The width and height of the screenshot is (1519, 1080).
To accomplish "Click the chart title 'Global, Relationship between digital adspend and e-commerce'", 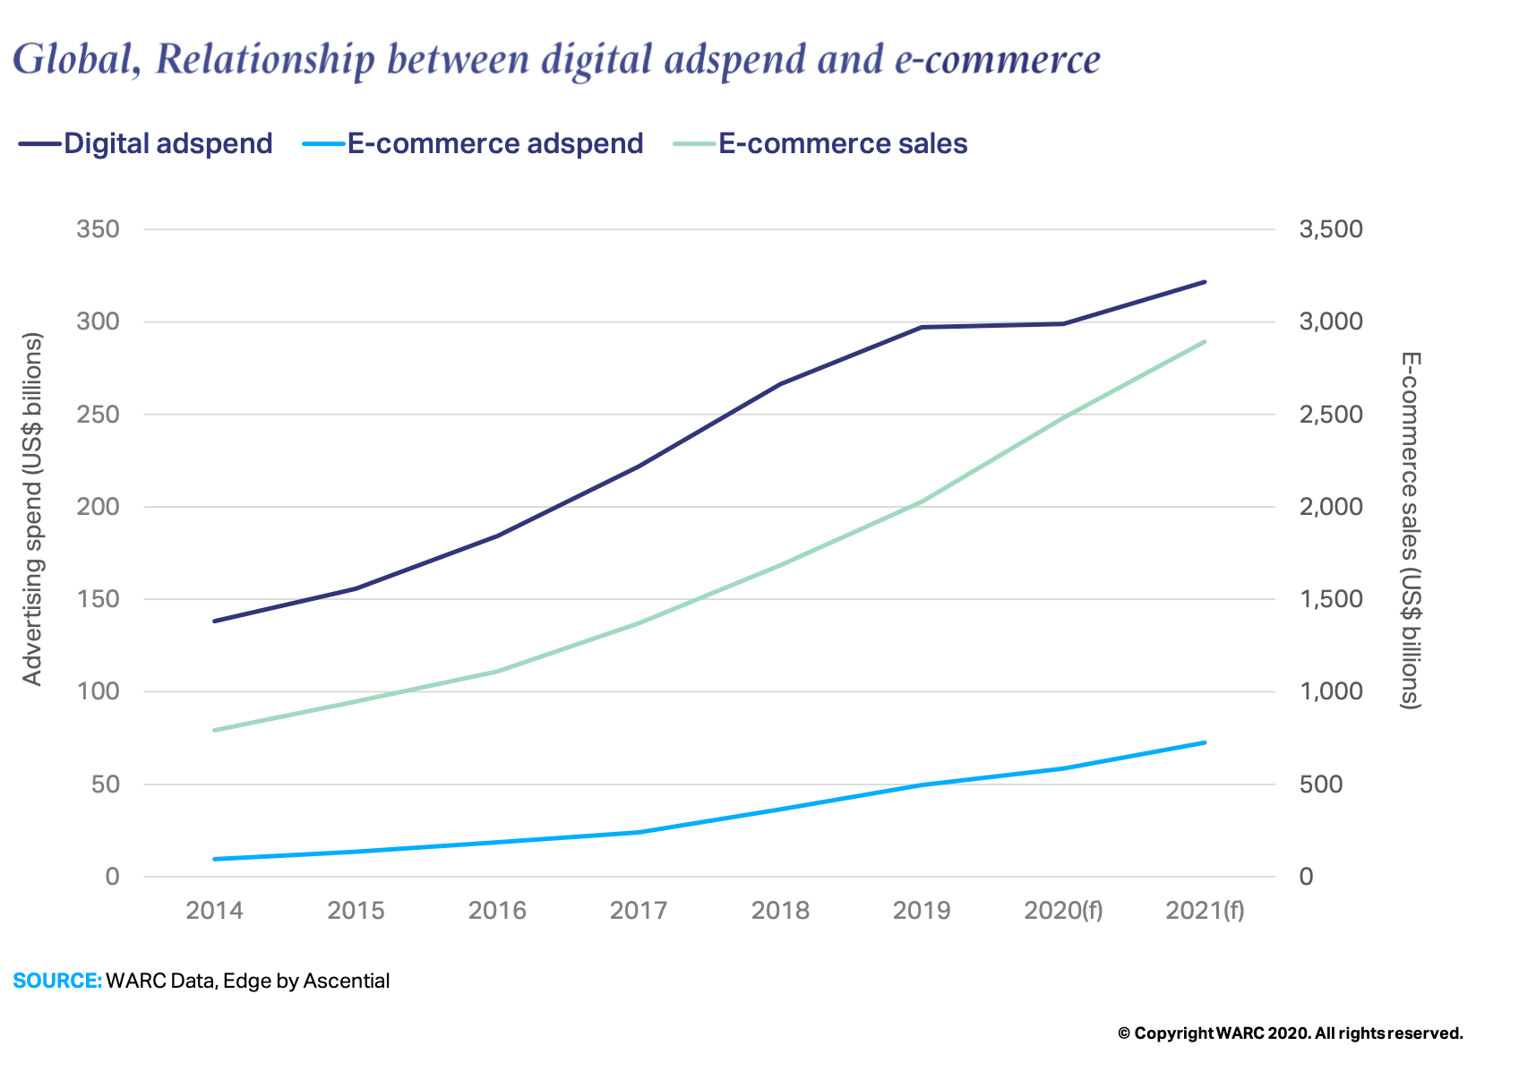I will coord(556,59).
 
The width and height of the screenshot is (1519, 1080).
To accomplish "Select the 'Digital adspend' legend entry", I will coord(167,143).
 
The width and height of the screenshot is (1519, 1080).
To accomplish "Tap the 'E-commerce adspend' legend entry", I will coord(494,143).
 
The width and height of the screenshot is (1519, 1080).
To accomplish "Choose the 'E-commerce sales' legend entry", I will coord(842,143).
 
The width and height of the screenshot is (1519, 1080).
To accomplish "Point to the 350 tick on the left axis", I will coord(99,229).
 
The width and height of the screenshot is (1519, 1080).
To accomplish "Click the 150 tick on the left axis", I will coord(99,599).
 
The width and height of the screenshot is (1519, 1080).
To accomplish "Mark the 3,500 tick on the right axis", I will coord(1330,229).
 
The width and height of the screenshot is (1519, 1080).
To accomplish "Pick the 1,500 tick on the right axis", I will coord(1330,599).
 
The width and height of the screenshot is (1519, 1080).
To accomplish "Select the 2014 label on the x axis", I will coord(214,911).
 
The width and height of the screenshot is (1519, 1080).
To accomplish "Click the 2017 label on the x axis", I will coord(639,911).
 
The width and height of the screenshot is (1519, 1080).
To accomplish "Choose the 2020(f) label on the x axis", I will coord(1063,911).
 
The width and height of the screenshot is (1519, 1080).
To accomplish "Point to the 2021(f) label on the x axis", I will coord(1205,911).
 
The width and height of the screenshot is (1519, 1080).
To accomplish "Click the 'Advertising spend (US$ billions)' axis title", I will coord(33,509).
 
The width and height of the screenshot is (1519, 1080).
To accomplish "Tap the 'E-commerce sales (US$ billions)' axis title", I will coord(1411,530).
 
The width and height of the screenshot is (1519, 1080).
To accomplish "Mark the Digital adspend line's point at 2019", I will coord(922,327).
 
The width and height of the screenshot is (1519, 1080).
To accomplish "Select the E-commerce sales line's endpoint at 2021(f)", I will coord(1205,341).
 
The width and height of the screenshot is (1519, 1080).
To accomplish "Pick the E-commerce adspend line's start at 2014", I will coord(215,859).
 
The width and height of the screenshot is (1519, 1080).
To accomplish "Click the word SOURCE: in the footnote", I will coord(57,981).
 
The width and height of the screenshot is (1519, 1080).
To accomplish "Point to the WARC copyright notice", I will coord(1290,1033).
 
